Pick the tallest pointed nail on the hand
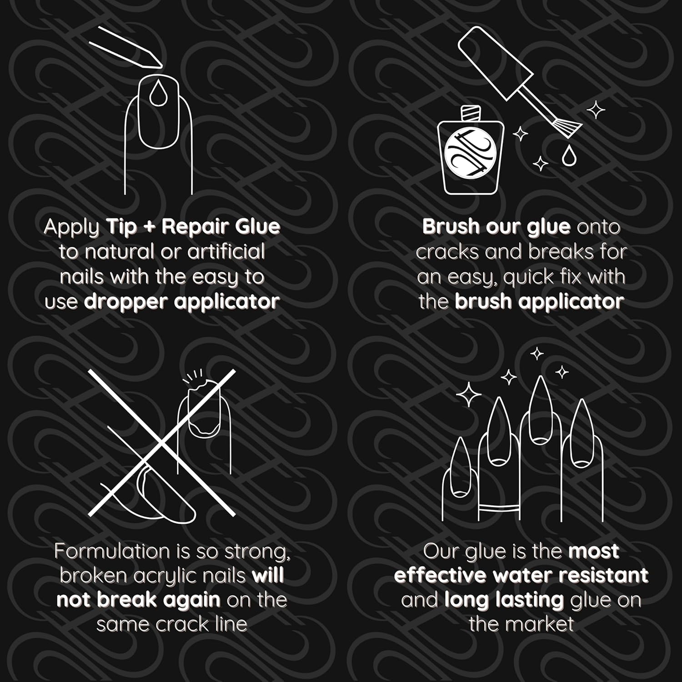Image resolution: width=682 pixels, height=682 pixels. tap(541, 410)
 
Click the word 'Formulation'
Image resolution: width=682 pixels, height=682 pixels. tap(113, 551)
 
